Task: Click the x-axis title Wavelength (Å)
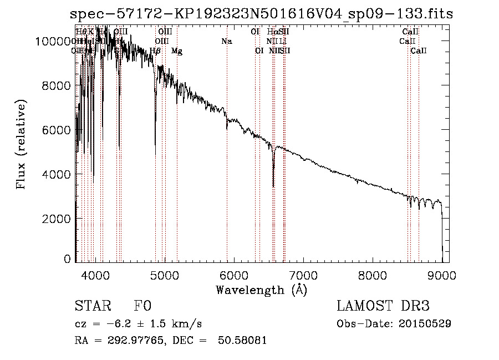coord(261,290)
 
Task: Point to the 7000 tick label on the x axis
coord(303,275)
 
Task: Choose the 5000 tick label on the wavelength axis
coord(165,275)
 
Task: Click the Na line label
coord(226,42)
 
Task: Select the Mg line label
coord(177,51)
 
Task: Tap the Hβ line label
coord(155,51)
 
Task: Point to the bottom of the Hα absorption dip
coord(273,186)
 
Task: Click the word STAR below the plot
coord(93,307)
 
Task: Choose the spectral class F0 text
coord(142,307)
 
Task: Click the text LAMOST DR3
coord(383,307)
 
